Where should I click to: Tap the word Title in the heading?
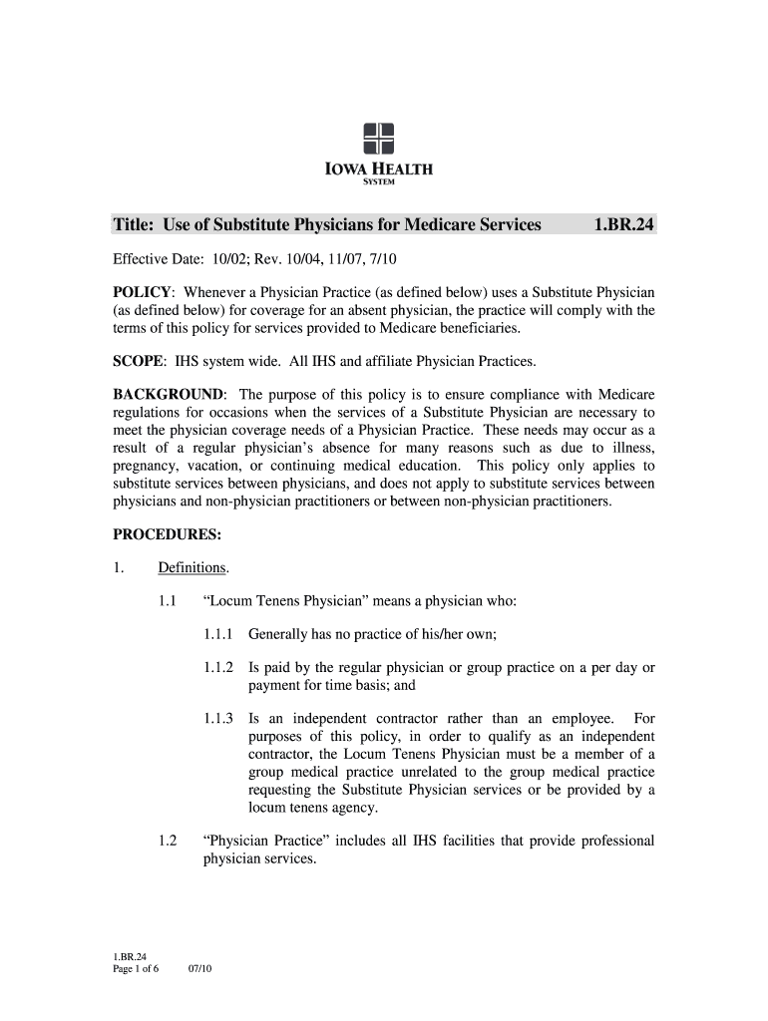(134, 225)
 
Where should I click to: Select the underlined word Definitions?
(192, 568)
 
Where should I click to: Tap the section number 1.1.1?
(217, 634)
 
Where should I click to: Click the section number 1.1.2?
(217, 667)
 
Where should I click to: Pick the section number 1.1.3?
(217, 718)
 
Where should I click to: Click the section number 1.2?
(168, 841)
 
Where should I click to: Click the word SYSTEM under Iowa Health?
(378, 181)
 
